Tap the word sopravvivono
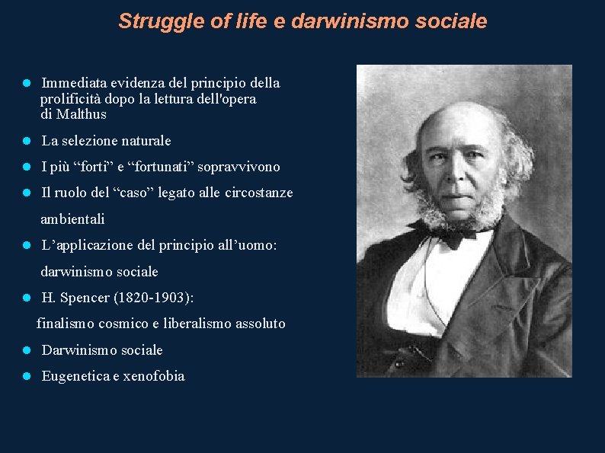click(x=243, y=167)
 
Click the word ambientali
click(x=72, y=219)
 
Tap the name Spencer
click(x=82, y=298)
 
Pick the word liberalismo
click(x=196, y=324)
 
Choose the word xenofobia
click(x=154, y=377)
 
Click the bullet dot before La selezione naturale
click(x=26, y=142)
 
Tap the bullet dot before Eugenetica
click(x=26, y=377)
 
